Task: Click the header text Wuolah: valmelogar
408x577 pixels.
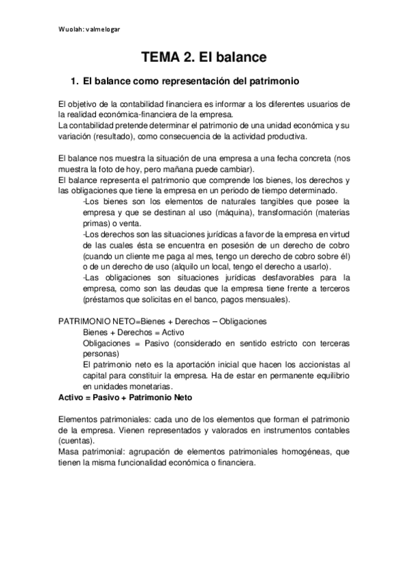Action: point(91,29)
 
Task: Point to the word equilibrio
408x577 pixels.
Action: point(328,375)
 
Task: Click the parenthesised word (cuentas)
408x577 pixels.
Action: point(76,440)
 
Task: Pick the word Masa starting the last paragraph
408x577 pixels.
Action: point(69,451)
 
